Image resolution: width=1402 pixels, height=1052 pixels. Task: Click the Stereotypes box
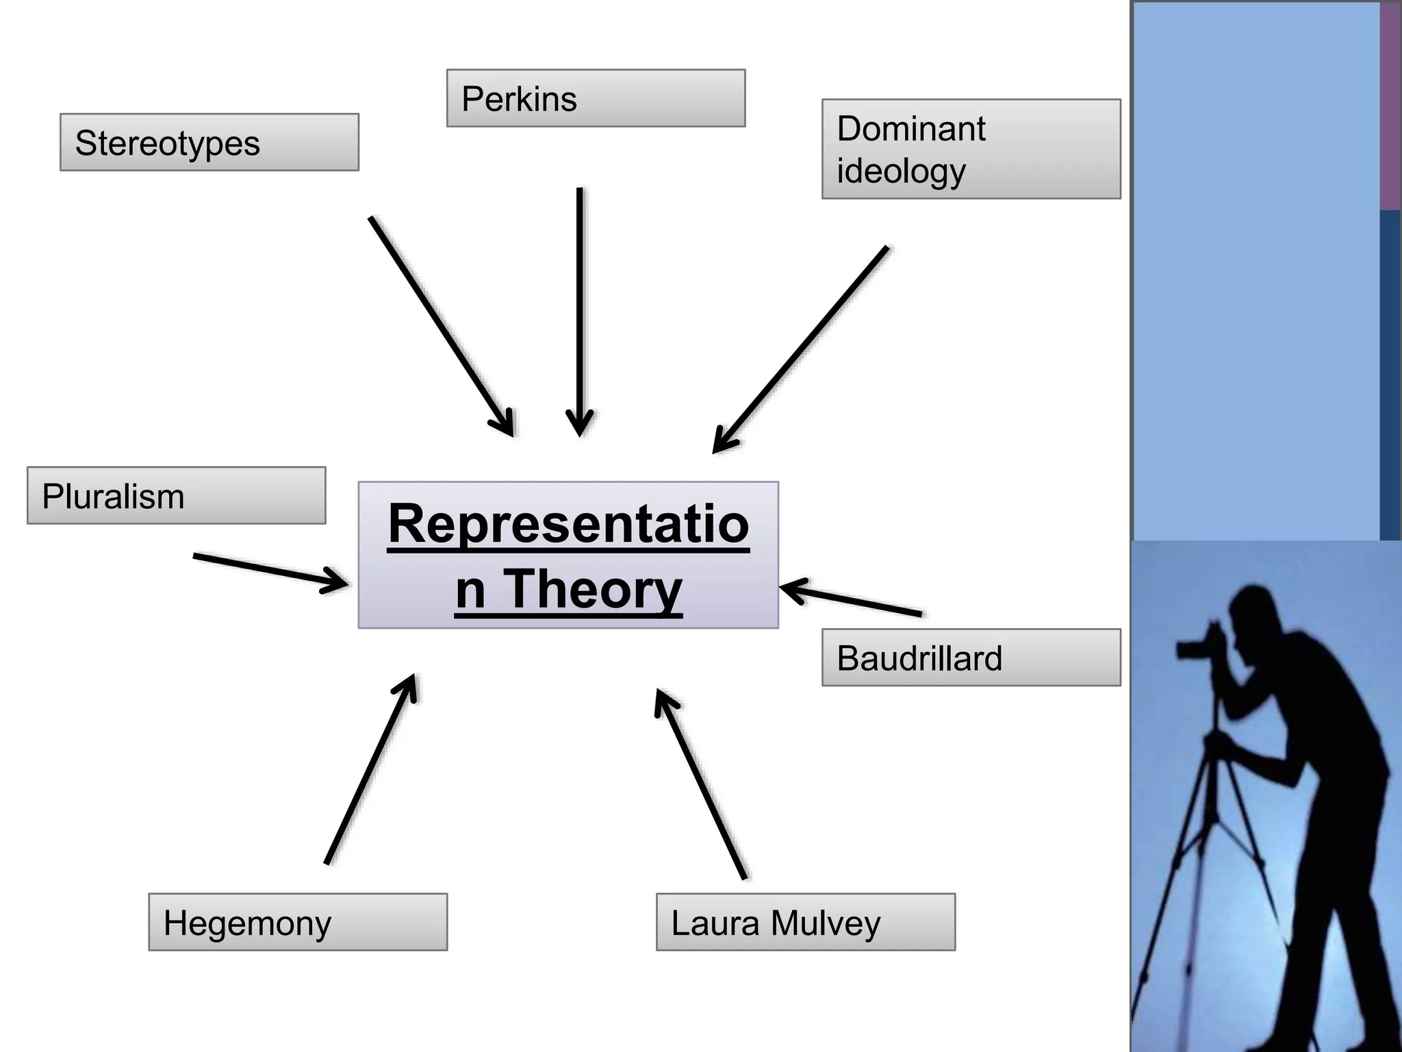pyautogui.click(x=209, y=142)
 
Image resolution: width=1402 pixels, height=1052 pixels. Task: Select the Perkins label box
pyautogui.click(x=595, y=98)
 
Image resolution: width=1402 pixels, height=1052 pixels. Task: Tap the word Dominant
pyautogui.click(x=910, y=129)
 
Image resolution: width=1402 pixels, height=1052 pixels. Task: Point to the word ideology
pyautogui.click(x=900, y=171)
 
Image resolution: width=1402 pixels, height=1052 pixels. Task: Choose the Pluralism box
pyautogui.click(x=176, y=496)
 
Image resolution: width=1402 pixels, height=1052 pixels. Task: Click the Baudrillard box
pyautogui.click(x=970, y=657)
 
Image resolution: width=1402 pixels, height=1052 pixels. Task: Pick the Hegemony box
pyautogui.click(x=297, y=922)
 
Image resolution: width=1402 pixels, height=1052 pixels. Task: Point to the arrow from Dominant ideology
pyautogui.click(x=800, y=350)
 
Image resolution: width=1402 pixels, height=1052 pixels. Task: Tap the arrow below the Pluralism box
pyautogui.click(x=270, y=571)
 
